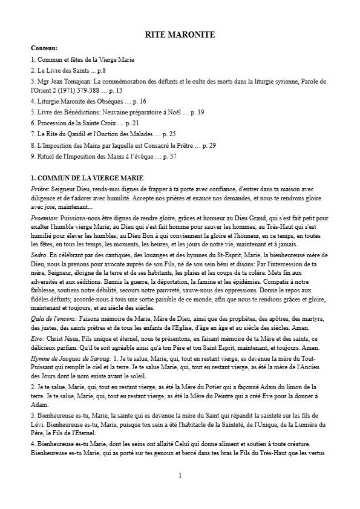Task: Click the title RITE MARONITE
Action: (x=180, y=35)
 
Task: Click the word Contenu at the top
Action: (x=44, y=48)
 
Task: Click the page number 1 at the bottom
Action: (x=180, y=476)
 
